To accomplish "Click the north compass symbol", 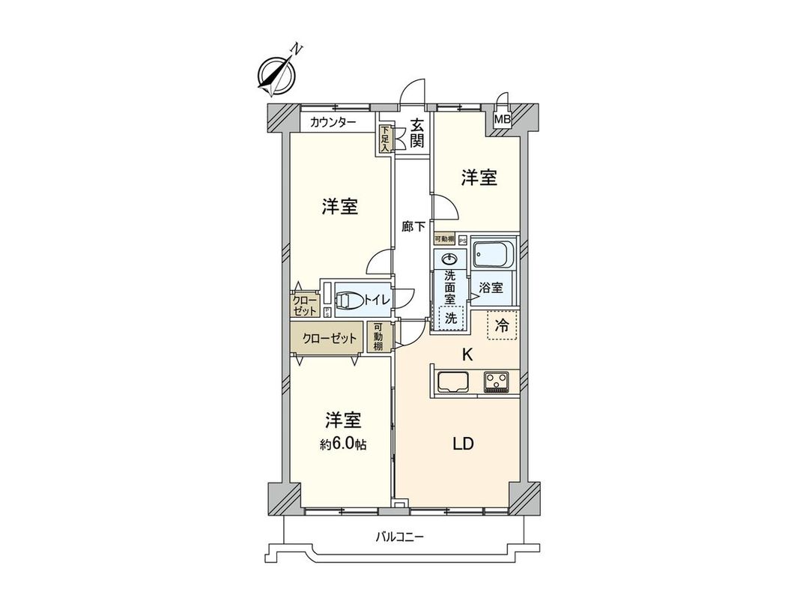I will click(274, 74).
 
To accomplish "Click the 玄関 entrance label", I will click(417, 133).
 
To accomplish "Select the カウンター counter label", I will click(327, 122).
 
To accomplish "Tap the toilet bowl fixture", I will click(348, 301).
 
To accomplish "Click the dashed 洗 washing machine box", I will click(450, 318).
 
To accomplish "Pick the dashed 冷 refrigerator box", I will click(503, 326).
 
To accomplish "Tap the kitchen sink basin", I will click(453, 381).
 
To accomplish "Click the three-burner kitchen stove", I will click(496, 381).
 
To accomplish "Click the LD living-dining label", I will click(462, 444).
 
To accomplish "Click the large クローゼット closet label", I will click(330, 338).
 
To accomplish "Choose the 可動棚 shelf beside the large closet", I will click(379, 338).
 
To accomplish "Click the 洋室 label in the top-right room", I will click(479, 178).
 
